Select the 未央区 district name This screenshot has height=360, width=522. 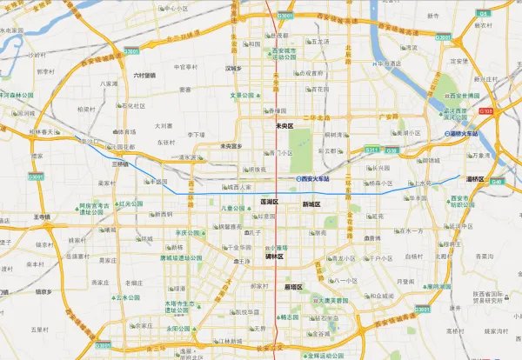[x=285, y=125]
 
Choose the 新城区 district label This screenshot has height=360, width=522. [x=311, y=204]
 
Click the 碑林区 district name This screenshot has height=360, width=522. [x=273, y=257]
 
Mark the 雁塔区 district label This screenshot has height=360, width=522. [x=293, y=286]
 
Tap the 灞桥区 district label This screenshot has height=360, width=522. [x=499, y=178]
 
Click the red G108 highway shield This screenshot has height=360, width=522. [x=488, y=111]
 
